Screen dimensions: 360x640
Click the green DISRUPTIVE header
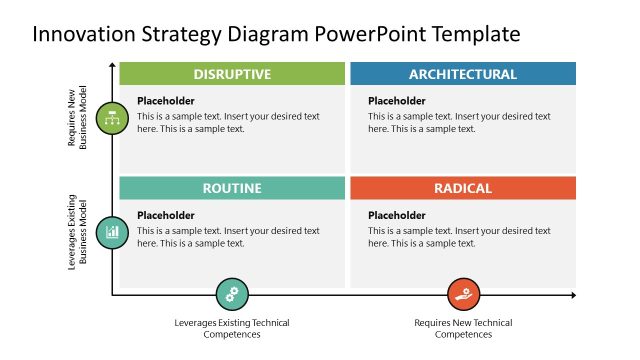pos(232,74)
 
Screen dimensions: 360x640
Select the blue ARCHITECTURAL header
pos(463,74)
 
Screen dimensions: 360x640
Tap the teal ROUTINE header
pos(232,188)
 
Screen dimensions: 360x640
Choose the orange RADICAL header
pos(463,188)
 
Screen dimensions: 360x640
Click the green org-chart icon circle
pos(112,118)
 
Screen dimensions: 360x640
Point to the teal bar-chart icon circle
pos(112,232)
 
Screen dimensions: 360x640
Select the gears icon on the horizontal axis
pos(232,295)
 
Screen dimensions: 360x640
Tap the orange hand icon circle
pos(462,295)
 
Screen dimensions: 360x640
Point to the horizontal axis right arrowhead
pos(573,295)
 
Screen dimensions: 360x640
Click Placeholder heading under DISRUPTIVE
pos(165,101)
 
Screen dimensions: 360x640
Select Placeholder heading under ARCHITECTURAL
pos(396,101)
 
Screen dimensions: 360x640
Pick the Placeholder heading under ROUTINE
pos(165,215)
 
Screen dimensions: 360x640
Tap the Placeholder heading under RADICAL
pos(396,215)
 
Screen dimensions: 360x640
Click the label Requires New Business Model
pos(78,118)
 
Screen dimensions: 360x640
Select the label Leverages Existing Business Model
pos(78,232)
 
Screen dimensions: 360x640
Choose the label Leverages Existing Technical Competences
pos(232,328)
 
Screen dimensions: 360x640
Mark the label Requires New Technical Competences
pos(463,328)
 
